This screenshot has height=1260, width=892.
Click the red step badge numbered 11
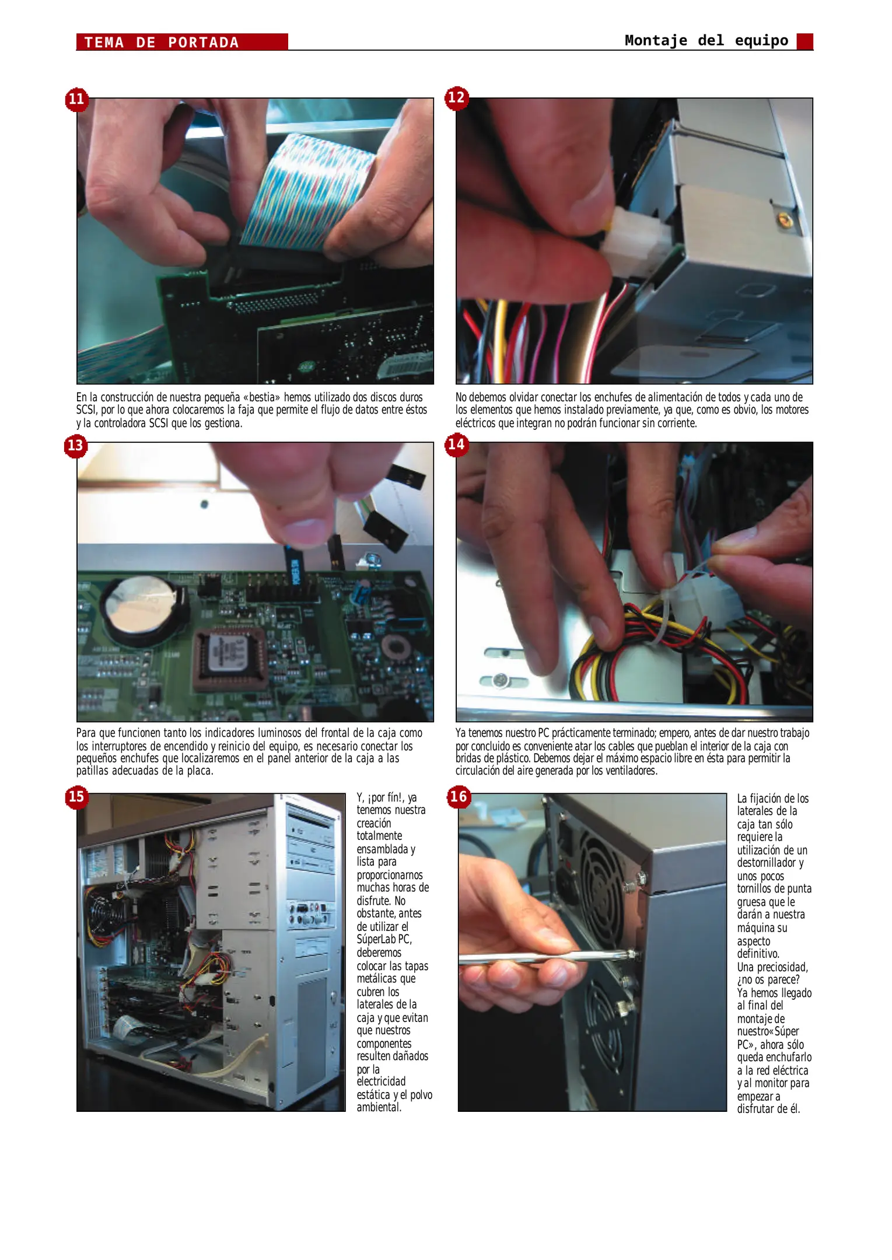click(x=76, y=99)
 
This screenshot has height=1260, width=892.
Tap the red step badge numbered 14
click(x=456, y=445)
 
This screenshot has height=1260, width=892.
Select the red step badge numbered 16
click(x=459, y=797)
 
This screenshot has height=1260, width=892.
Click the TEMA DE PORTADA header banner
click(x=181, y=42)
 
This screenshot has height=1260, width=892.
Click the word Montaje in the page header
click(x=656, y=40)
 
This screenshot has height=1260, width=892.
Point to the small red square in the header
click(x=804, y=41)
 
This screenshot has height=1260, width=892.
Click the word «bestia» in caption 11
click(x=261, y=397)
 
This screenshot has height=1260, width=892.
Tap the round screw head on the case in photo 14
click(x=499, y=680)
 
